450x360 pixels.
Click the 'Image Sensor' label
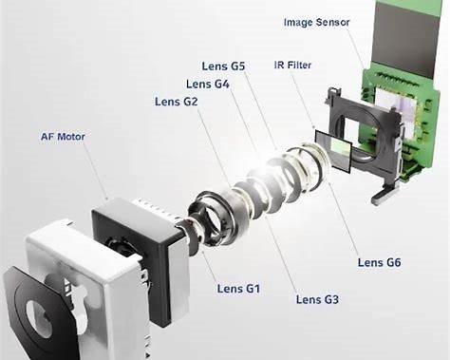tap(317, 23)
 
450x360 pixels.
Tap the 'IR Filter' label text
tap(292, 66)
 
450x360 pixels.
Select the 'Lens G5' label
tap(223, 66)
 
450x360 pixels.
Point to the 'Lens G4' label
tap(208, 85)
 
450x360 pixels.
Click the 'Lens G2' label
tap(177, 102)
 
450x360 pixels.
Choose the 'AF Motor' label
tap(63, 137)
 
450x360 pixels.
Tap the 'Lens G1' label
tap(238, 289)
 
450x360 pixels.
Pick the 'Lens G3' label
tap(317, 299)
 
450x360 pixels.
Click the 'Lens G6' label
tap(379, 262)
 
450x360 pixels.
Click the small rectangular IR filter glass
tap(333, 151)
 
